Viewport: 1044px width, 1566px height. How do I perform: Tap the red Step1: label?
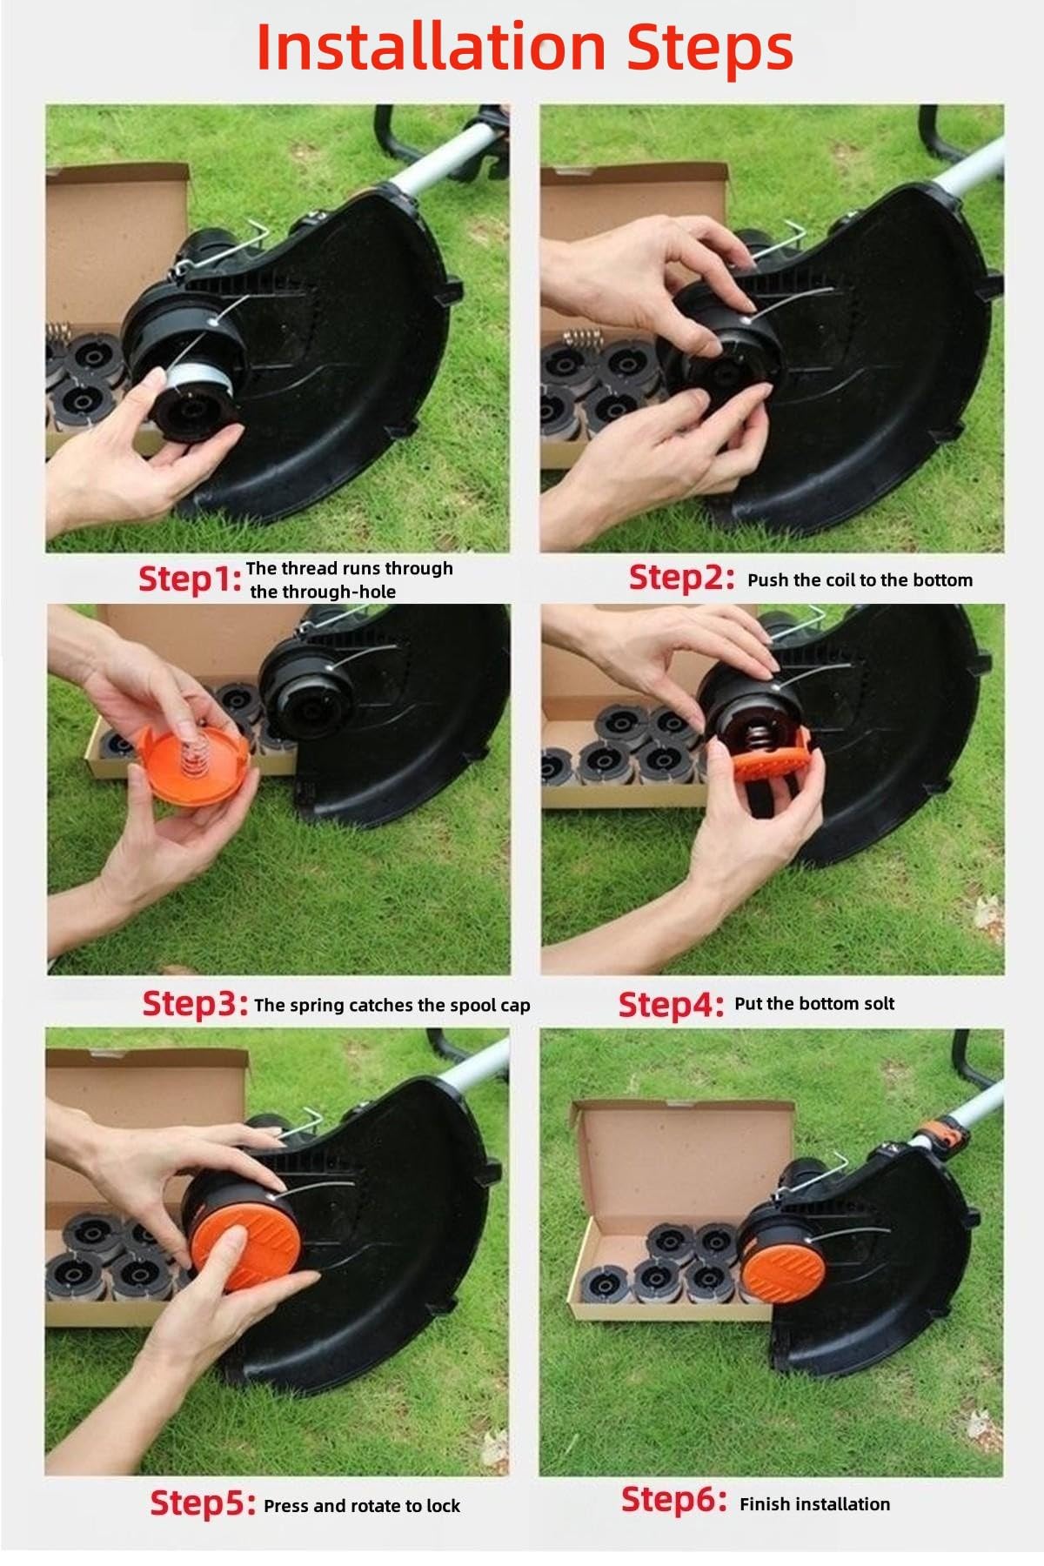coord(190,580)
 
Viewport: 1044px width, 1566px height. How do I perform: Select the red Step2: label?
coord(682,579)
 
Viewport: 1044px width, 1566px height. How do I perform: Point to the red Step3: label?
coord(196,1004)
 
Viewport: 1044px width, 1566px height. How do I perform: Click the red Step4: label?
coord(671,1005)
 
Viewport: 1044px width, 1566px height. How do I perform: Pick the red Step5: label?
coord(204,1504)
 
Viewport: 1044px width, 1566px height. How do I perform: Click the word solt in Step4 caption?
coord(877,1003)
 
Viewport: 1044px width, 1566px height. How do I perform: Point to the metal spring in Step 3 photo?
coord(197,751)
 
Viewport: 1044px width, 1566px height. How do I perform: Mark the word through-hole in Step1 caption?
coord(323,592)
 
